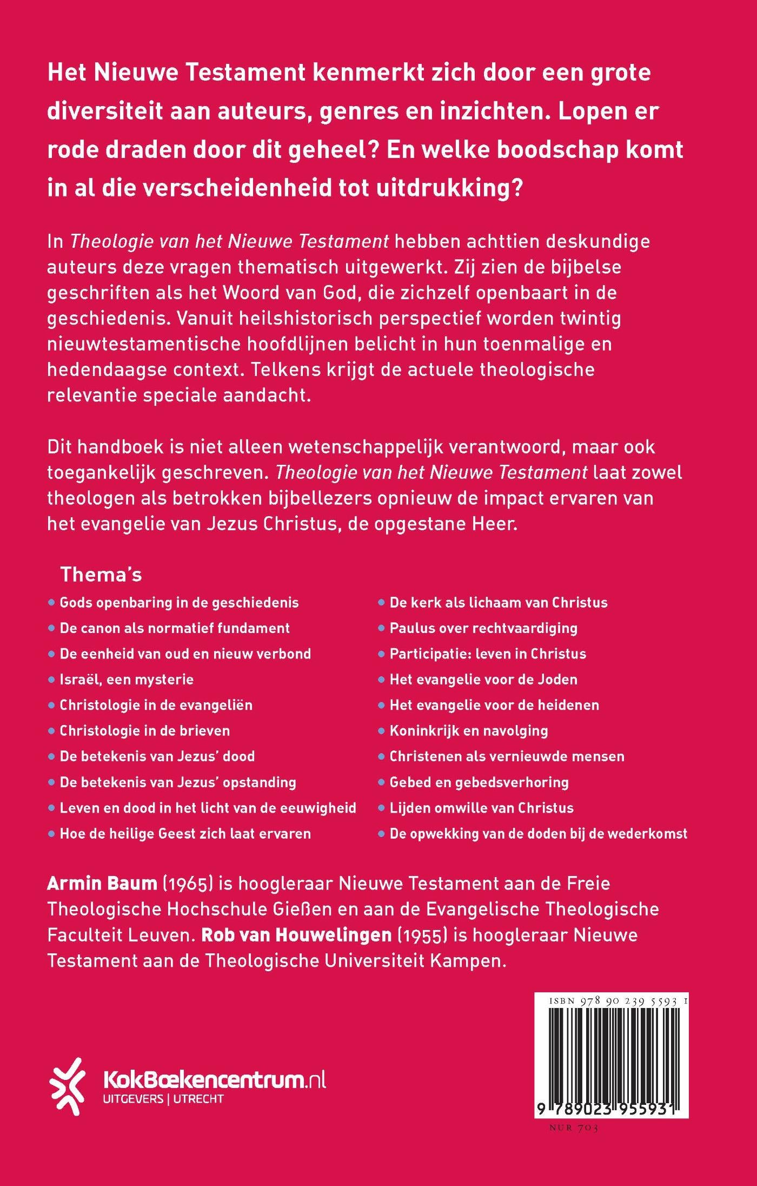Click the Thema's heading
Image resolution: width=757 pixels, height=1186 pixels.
coord(101,575)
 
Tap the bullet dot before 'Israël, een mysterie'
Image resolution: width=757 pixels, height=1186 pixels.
coord(52,679)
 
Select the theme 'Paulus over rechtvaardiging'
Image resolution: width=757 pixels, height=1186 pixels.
coord(483,628)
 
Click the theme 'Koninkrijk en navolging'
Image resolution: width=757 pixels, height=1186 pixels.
coord(469,731)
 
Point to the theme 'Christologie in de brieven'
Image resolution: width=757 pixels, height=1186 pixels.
coord(144,731)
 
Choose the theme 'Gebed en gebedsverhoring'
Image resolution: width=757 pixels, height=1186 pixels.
coord(479,782)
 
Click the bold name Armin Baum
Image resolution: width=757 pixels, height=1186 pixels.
coord(102,884)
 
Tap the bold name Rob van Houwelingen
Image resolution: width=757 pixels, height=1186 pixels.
coord(296,935)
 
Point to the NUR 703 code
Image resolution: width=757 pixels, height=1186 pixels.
coord(574,1128)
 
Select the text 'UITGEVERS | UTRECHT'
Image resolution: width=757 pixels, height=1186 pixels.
coord(163,1099)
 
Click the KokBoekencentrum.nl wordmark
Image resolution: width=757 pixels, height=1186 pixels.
coord(214,1080)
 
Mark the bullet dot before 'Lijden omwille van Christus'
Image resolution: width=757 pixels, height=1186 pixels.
coord(381,808)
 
